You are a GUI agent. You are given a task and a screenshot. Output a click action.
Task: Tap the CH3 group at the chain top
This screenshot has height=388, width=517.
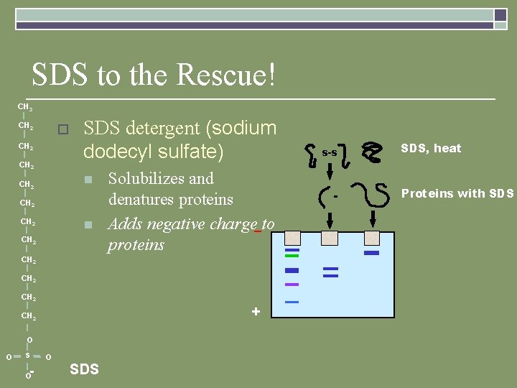25,108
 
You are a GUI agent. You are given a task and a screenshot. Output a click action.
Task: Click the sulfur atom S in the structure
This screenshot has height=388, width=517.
27,356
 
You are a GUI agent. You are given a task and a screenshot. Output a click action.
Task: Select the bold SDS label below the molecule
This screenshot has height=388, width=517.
84,369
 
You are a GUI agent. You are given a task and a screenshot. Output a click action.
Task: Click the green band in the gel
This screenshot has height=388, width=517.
292,256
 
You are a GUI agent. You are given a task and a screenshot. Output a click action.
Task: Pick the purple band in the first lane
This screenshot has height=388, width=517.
292,285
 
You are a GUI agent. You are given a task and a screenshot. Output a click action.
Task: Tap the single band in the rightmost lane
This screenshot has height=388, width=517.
371,253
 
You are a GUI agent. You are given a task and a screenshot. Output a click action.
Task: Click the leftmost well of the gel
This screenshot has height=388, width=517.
292,237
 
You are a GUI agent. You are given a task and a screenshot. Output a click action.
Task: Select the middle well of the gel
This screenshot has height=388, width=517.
330,237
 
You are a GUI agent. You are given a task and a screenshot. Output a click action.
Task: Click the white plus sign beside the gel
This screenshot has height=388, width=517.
256,312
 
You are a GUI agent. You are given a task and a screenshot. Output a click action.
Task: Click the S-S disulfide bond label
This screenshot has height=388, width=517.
330,153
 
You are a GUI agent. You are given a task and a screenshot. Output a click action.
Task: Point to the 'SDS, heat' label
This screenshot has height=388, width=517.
431,148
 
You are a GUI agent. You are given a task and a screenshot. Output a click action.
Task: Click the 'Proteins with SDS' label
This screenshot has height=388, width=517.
457,193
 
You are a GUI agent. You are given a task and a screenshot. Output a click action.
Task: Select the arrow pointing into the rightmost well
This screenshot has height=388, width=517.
372,218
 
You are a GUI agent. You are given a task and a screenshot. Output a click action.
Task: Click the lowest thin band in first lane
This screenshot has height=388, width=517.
292,302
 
